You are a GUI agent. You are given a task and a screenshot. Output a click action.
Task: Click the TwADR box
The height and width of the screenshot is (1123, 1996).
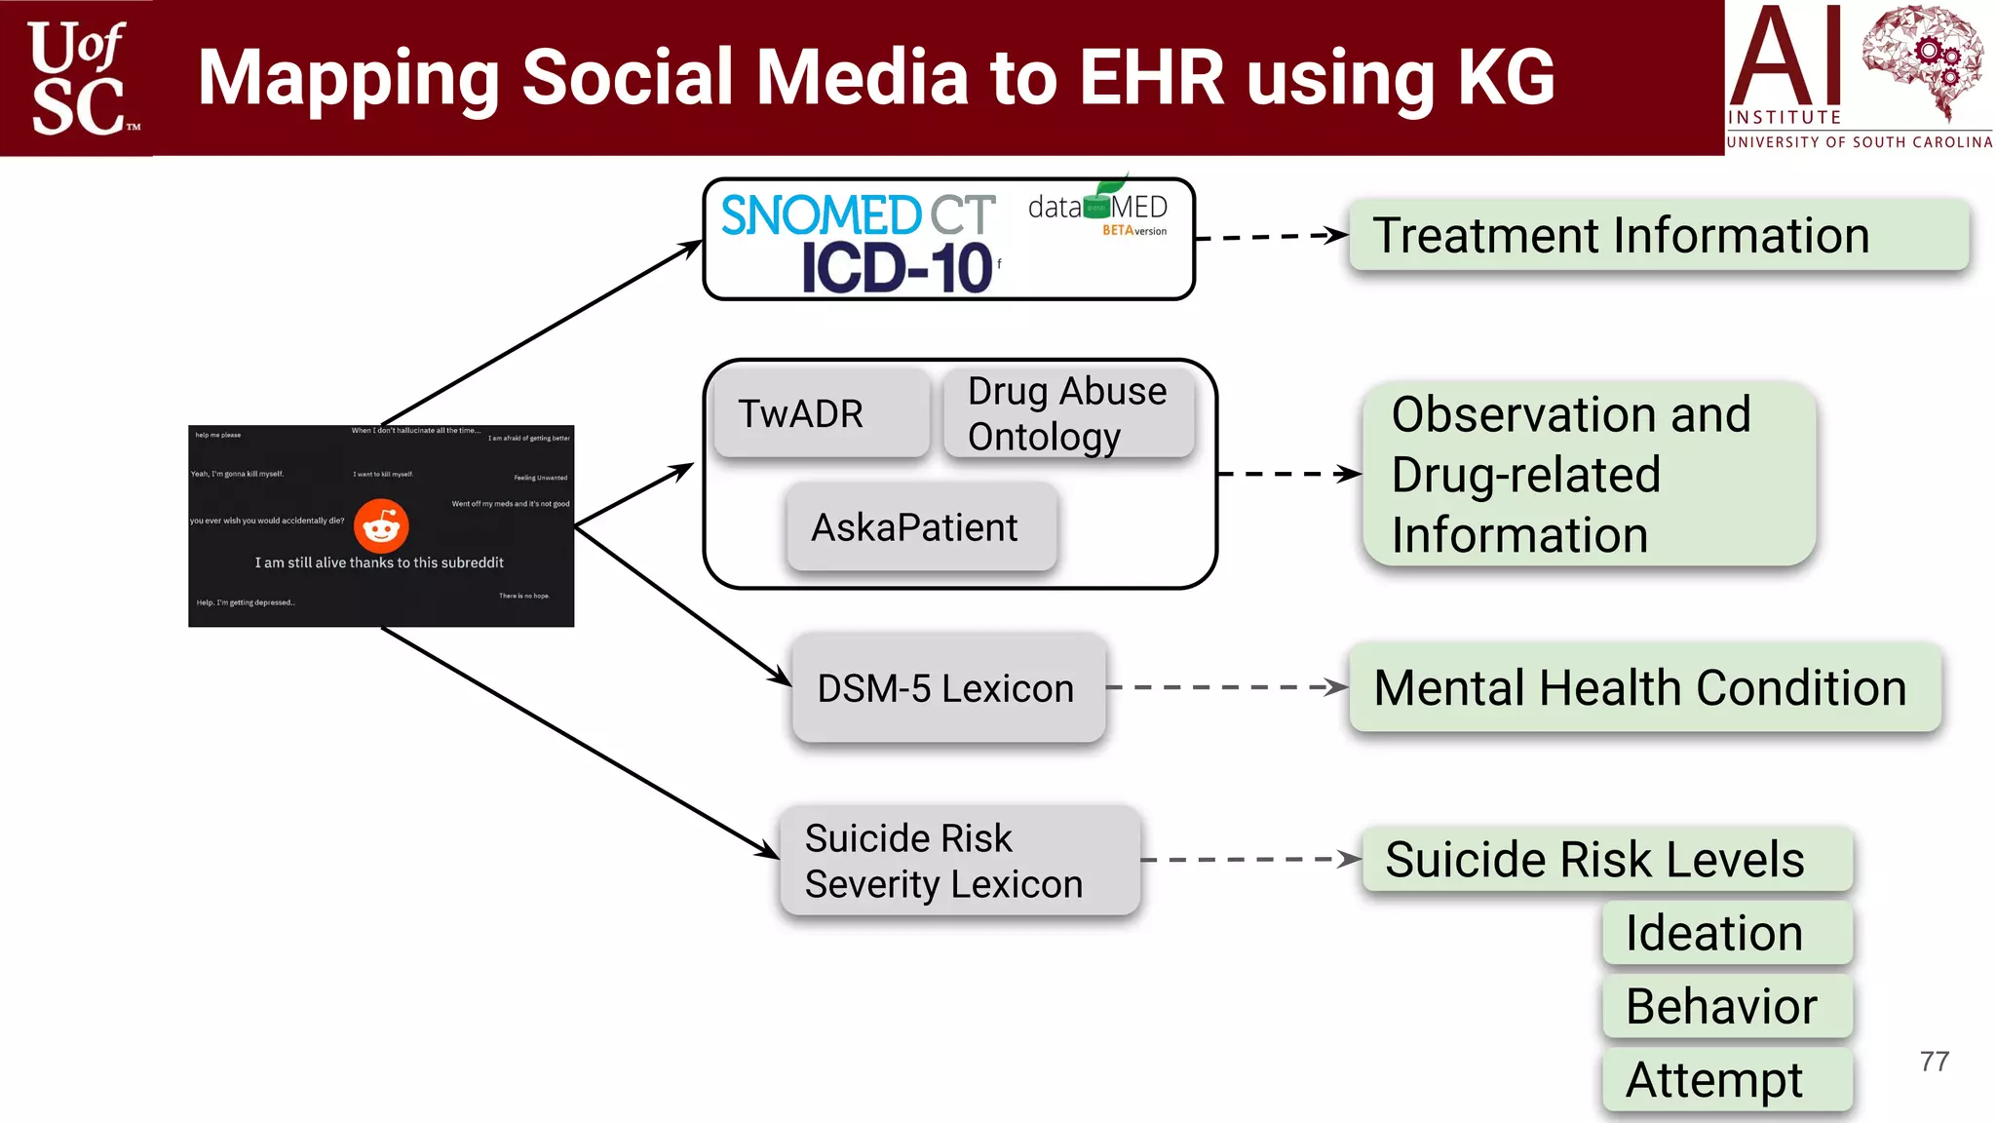(x=820, y=413)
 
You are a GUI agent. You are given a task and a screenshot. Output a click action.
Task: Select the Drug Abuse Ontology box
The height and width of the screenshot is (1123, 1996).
(x=1068, y=413)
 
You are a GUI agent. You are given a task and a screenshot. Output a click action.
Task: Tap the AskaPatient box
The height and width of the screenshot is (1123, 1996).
(x=921, y=527)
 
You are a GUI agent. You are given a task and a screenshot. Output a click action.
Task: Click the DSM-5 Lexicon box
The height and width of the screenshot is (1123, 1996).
(x=947, y=688)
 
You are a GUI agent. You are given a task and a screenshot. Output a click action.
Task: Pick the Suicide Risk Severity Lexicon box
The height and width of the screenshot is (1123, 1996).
(x=959, y=861)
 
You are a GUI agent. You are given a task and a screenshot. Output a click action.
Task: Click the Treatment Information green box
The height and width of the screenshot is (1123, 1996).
(x=1658, y=235)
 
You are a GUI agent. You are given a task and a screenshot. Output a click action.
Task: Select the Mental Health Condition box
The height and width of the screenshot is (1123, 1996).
(x=1644, y=687)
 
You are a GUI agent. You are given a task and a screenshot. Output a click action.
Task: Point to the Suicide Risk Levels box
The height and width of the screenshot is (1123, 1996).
(x=1605, y=859)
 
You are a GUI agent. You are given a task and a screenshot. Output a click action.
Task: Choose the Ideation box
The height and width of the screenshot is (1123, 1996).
(x=1726, y=933)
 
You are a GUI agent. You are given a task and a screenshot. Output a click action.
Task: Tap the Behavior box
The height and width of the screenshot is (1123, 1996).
(x=1726, y=1006)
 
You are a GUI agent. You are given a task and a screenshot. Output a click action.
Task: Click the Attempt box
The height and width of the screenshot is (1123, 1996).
(x=1726, y=1079)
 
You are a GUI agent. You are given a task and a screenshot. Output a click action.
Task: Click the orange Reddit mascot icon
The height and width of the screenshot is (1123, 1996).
(x=381, y=526)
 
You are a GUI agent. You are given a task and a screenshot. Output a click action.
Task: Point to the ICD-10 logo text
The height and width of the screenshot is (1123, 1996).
(x=897, y=268)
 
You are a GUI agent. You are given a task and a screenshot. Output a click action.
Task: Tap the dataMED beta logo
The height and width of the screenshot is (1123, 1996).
(x=1098, y=208)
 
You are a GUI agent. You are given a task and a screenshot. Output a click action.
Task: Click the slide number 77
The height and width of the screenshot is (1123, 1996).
(x=1935, y=1062)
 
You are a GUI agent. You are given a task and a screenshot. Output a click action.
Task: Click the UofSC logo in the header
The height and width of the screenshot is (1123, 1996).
(x=78, y=78)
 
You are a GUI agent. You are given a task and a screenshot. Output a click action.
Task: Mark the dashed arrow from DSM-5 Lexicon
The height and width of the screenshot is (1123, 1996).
(x=1226, y=687)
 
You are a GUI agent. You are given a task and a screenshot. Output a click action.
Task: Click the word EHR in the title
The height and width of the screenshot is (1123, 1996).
(x=1151, y=77)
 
